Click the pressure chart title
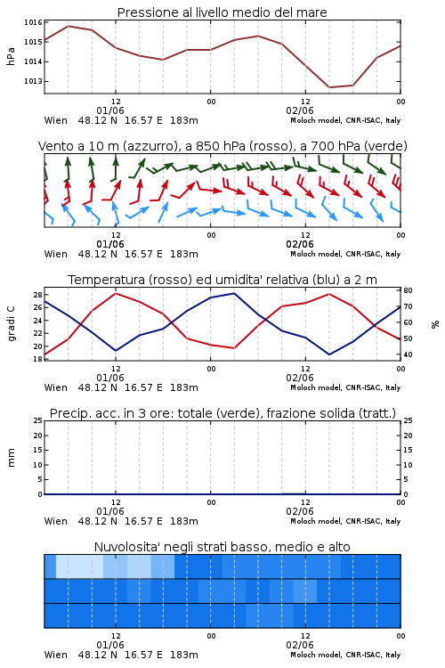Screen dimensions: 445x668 (x=222, y=12)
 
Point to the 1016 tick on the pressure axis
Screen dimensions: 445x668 (x=33, y=22)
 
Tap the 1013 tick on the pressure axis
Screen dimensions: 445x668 (x=33, y=81)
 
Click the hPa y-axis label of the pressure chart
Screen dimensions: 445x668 (x=11, y=56)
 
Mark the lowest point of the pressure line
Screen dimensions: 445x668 (x=329, y=87)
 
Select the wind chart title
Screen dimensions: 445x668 (x=222, y=146)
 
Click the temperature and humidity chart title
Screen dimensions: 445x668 (x=222, y=280)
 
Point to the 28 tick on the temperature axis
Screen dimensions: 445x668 (x=37, y=295)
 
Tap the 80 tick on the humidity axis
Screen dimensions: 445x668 (x=408, y=290)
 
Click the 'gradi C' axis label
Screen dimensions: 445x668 (x=11, y=323)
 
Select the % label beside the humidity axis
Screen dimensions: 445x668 (x=435, y=324)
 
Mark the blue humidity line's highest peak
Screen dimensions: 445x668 (x=234, y=293)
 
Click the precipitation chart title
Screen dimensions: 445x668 (x=222, y=413)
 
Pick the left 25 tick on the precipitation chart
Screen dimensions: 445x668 (x=38, y=420)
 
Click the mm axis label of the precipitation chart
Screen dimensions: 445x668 (x=11, y=458)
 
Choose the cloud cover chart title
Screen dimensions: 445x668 (x=222, y=547)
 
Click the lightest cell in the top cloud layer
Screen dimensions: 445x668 (x=79, y=566)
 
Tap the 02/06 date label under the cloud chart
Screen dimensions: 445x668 (x=300, y=645)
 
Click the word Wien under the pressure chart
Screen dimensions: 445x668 (x=56, y=120)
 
